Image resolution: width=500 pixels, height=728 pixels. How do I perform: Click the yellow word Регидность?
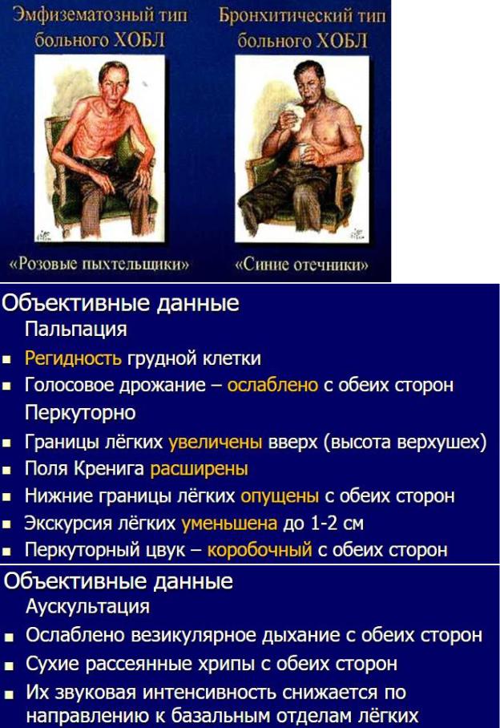click(x=73, y=358)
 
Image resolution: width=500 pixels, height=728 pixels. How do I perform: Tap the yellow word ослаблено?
click(x=272, y=385)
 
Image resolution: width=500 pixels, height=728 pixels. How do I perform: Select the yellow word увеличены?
click(x=216, y=442)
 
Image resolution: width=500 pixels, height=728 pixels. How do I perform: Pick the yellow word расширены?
click(x=199, y=469)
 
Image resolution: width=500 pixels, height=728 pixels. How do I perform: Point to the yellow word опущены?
click(x=280, y=496)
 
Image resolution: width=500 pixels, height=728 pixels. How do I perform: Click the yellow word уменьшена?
click(x=229, y=524)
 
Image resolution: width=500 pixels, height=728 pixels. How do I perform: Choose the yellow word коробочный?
click(x=260, y=550)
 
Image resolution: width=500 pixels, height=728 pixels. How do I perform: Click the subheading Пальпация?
click(x=75, y=330)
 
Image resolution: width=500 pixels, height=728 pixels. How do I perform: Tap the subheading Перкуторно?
click(x=80, y=413)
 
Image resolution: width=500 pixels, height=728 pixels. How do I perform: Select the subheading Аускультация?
click(x=87, y=606)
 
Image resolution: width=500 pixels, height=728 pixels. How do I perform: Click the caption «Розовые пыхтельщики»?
click(x=99, y=264)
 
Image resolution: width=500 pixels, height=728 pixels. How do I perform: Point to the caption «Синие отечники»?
click(x=301, y=265)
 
